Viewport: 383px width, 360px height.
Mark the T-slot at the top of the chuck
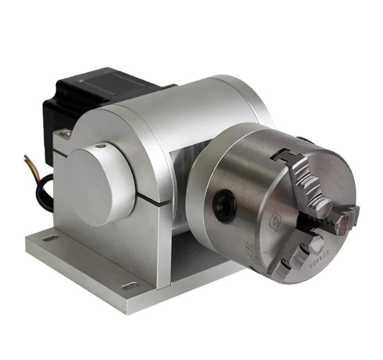(287, 156)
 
